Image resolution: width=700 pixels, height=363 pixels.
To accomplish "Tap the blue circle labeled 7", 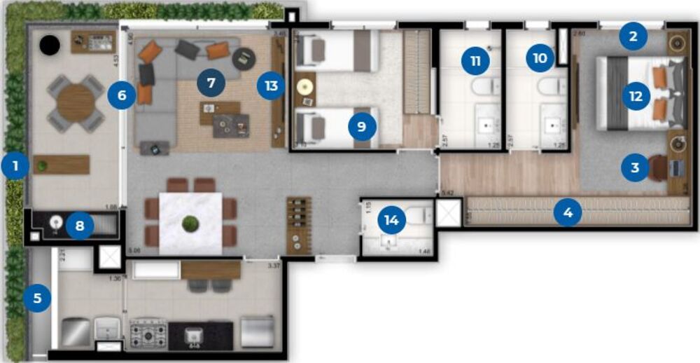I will click(211, 83).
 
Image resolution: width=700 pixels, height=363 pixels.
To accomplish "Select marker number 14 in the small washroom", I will click(391, 220).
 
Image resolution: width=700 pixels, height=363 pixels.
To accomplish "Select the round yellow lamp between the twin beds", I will click(305, 88).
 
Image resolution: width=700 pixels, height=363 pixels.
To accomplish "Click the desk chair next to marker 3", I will click(658, 167).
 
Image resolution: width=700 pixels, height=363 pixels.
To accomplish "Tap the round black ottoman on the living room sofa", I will click(244, 57).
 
